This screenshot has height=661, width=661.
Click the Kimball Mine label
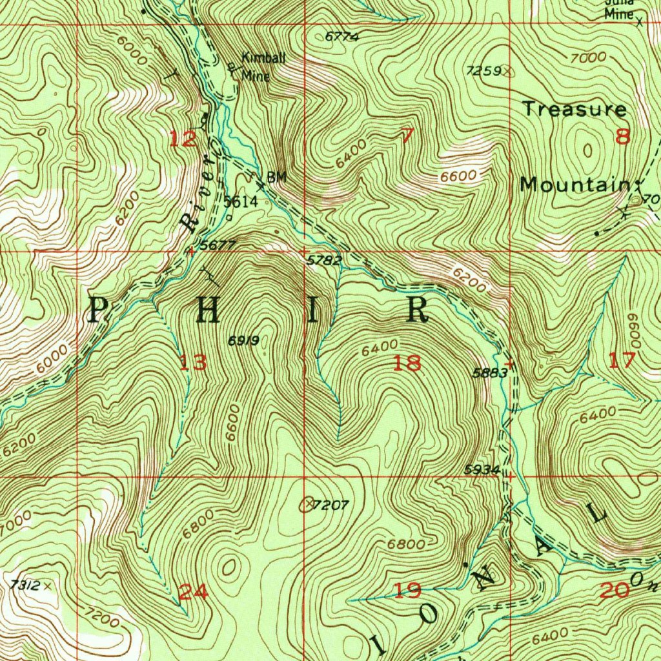[x=262, y=66]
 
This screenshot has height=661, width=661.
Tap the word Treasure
[x=574, y=109]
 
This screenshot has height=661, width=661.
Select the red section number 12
[x=183, y=139]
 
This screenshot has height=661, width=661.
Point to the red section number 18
[x=407, y=363]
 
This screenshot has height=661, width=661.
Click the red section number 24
[x=193, y=592]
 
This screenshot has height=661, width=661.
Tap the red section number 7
[x=407, y=136]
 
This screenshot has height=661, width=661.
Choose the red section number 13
[x=193, y=362]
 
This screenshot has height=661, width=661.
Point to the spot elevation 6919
[x=244, y=340]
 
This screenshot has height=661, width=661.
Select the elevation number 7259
[x=483, y=70]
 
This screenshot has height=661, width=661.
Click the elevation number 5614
[x=241, y=202]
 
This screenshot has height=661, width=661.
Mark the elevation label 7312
[x=26, y=585]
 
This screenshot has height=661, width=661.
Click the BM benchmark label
[x=276, y=177]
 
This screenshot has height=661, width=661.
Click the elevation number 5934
[x=482, y=470]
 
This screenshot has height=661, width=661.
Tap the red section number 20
[x=613, y=589]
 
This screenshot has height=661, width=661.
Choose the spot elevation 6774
[x=341, y=37]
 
